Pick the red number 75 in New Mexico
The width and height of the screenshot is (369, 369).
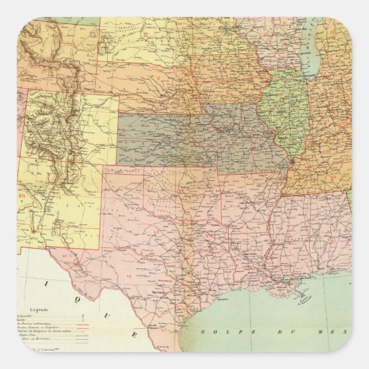point(59,198)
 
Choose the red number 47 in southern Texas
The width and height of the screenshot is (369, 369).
point(164,331)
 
